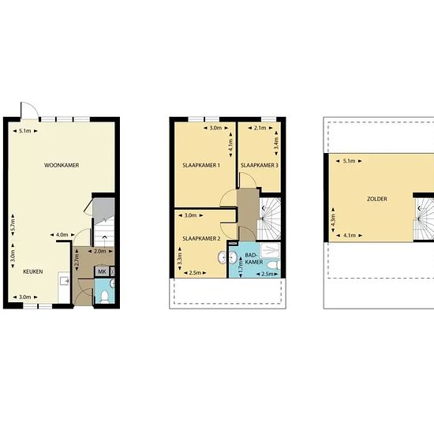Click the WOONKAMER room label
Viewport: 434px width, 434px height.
(62, 165)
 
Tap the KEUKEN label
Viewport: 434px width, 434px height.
(33, 271)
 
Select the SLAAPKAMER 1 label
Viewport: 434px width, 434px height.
(201, 165)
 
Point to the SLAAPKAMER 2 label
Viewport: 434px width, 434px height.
(201, 238)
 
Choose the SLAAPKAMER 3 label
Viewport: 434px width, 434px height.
(260, 165)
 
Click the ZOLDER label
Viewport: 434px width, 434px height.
(377, 199)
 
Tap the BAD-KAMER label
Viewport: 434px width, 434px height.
(254, 258)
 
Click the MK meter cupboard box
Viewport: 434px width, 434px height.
(102, 271)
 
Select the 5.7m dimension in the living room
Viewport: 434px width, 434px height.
(13, 225)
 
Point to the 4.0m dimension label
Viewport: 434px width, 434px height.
(62, 234)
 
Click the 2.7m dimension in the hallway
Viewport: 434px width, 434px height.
(77, 260)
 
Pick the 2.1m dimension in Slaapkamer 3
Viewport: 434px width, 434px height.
(260, 128)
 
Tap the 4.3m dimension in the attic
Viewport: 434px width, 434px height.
(333, 219)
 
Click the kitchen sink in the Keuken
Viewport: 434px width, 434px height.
(64, 281)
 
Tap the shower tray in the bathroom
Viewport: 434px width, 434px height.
(270, 250)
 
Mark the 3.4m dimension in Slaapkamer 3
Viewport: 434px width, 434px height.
(276, 144)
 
